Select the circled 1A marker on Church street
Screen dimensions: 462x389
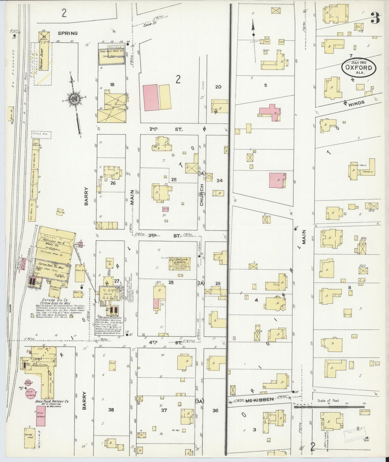point(201,173)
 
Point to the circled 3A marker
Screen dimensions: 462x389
point(200,401)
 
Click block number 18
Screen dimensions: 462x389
point(112,84)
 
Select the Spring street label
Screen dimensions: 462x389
point(68,33)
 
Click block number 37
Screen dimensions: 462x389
point(164,410)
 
